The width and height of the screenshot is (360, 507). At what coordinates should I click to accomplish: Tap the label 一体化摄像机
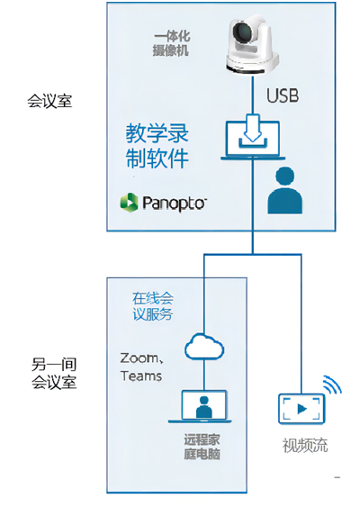tap(172, 43)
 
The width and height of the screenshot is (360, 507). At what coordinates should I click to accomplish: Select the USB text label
tap(283, 95)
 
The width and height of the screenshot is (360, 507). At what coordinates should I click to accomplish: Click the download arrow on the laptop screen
tap(253, 129)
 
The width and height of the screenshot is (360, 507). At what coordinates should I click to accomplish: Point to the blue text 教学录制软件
tap(157, 146)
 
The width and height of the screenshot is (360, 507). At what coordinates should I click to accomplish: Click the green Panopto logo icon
tap(129, 203)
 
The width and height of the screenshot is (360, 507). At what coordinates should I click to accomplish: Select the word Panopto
tap(174, 203)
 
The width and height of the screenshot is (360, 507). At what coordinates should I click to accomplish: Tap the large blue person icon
tap(285, 190)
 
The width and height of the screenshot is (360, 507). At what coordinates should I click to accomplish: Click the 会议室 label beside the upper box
tap(49, 101)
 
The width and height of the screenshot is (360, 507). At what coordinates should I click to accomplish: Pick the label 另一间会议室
tap(54, 373)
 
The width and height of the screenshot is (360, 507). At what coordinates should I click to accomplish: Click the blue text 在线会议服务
tap(153, 306)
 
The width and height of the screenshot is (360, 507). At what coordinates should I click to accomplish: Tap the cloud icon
tap(204, 347)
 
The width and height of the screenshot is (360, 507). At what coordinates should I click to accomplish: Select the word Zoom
tap(139, 358)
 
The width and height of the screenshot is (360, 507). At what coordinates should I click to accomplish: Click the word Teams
tap(141, 376)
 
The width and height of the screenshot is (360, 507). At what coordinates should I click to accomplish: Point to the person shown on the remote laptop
tap(204, 407)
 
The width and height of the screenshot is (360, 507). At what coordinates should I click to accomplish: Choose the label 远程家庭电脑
tap(202, 447)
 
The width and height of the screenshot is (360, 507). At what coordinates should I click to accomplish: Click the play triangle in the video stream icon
tap(302, 409)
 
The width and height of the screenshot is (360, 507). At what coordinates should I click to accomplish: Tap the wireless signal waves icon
tap(332, 385)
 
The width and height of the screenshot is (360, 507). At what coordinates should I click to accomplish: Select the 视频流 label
tap(305, 446)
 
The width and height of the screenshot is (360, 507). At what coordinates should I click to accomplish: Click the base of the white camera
tap(252, 64)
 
